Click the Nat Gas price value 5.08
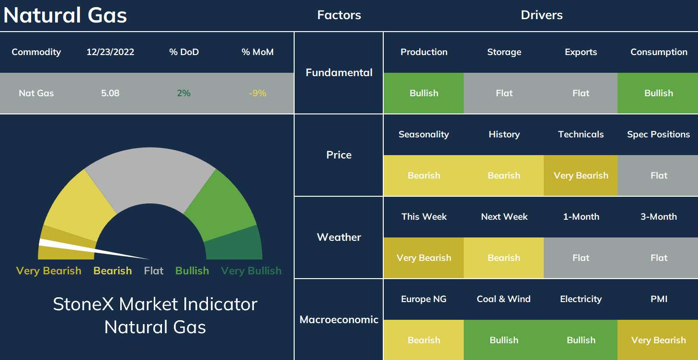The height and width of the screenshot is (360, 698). pyautogui.click(x=110, y=93)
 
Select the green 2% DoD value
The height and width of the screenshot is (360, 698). pyautogui.click(x=184, y=93)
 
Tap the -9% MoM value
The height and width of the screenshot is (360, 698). pyautogui.click(x=258, y=93)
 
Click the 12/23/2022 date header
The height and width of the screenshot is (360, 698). pyautogui.click(x=110, y=52)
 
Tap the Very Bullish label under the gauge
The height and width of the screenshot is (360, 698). pyautogui.click(x=251, y=271)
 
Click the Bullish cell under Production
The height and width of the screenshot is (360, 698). pyautogui.click(x=424, y=93)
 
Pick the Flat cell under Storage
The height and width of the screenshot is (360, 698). pyautogui.click(x=504, y=93)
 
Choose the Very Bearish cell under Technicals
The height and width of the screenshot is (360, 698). pyautogui.click(x=581, y=175)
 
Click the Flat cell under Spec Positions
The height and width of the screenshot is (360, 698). pyautogui.click(x=658, y=175)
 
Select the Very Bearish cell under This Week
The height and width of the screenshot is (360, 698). pyautogui.click(x=424, y=258)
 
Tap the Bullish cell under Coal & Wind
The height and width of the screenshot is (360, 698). pyautogui.click(x=504, y=340)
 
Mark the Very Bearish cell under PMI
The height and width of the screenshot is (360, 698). pyautogui.click(x=658, y=340)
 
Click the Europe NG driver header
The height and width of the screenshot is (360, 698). pyautogui.click(x=424, y=299)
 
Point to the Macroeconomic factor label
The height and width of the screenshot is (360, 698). pyautogui.click(x=339, y=319)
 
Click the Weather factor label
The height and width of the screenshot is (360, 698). pyautogui.click(x=339, y=237)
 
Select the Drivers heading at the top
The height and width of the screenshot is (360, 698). pyautogui.click(x=542, y=15)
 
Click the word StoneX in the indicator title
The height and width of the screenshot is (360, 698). pyautogui.click(x=83, y=304)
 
